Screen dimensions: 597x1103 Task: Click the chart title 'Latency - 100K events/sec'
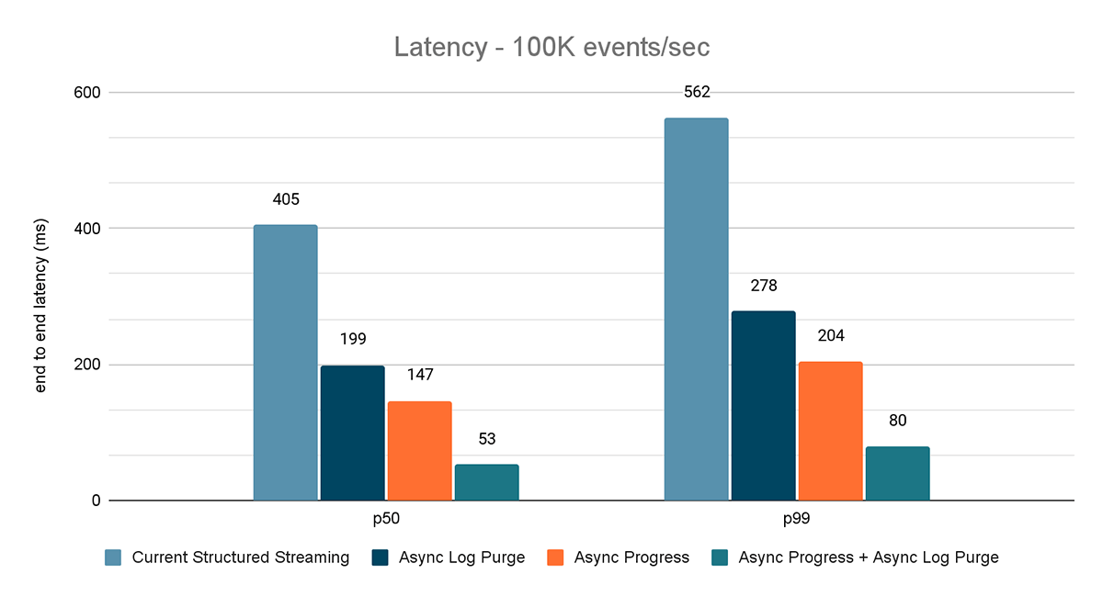(551, 47)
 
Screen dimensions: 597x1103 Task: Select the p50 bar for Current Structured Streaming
(285, 363)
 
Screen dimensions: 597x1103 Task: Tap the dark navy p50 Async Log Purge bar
(352, 433)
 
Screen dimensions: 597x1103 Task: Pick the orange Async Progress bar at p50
(419, 451)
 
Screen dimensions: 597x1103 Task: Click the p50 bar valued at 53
(486, 482)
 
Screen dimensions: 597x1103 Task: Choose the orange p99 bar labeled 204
(830, 432)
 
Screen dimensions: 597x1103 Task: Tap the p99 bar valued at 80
(897, 474)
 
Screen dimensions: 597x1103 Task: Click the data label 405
(286, 199)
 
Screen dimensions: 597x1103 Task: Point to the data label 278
(763, 286)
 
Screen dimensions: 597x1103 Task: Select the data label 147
(419, 375)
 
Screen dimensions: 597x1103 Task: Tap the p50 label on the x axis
(386, 520)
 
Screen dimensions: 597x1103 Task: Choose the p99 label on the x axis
(796, 520)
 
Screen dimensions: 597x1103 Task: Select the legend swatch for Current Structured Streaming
(113, 558)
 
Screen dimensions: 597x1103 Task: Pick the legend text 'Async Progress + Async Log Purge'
(868, 558)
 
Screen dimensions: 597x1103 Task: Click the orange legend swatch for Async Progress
(555, 558)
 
